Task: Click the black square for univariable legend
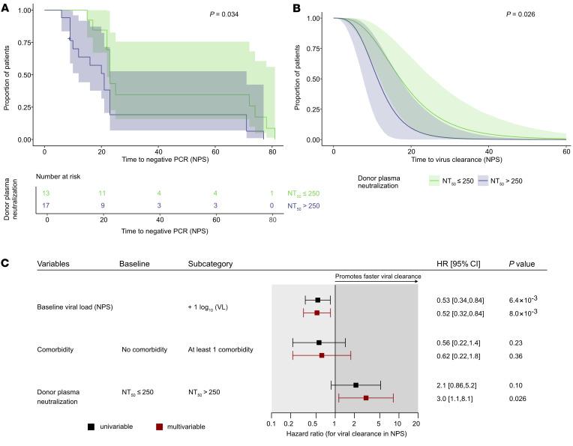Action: [91, 426]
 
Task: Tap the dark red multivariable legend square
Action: [160, 426]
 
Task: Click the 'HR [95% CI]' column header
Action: [458, 264]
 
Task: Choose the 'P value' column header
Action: [523, 264]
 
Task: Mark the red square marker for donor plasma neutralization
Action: [366, 398]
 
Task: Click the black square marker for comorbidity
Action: [319, 343]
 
